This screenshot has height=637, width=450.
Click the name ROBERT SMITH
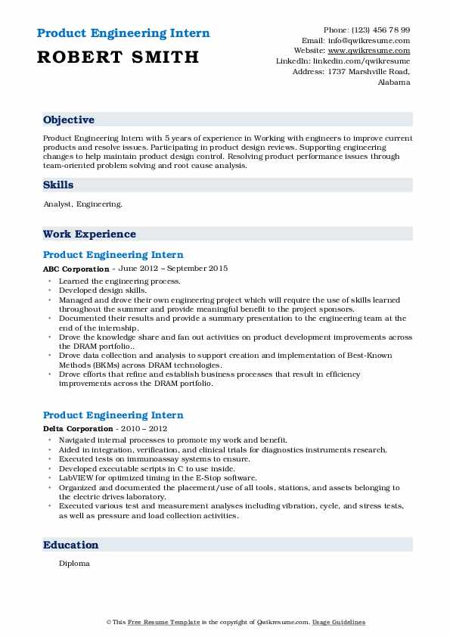point(119,57)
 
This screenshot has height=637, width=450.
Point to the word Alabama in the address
point(394,82)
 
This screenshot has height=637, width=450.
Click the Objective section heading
point(69,120)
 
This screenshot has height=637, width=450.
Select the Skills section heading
point(58,185)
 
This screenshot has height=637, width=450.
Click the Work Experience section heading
point(89,235)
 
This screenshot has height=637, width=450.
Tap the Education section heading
point(70,545)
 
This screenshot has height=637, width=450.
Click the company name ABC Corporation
point(76,269)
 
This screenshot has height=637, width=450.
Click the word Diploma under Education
point(74,564)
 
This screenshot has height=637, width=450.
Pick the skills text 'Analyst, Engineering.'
point(82,204)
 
